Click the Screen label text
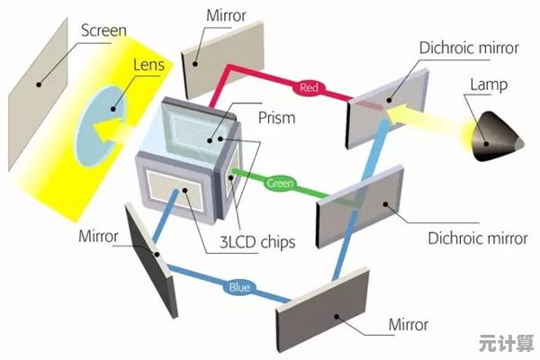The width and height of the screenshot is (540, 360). pyautogui.click(x=103, y=31)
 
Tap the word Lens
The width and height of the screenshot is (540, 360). pyautogui.click(x=148, y=65)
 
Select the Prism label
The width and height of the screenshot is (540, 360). pyautogui.click(x=276, y=118)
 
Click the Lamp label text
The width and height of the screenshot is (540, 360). pyautogui.click(x=489, y=85)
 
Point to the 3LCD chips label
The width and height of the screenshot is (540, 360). pyautogui.click(x=257, y=242)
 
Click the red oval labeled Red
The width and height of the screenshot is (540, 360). pyautogui.click(x=309, y=88)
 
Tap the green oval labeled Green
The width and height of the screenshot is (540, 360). pyautogui.click(x=280, y=183)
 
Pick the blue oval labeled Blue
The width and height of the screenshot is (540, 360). pyautogui.click(x=239, y=287)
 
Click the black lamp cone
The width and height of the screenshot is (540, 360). pyautogui.click(x=496, y=137)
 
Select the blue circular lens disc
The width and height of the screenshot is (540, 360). pyautogui.click(x=101, y=126)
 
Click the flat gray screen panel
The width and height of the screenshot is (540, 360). pyautogui.click(x=38, y=94)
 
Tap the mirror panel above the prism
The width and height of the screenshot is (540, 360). pyautogui.click(x=223, y=59)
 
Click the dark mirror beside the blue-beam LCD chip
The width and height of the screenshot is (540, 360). pyautogui.click(x=151, y=260)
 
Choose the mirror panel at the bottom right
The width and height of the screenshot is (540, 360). pyautogui.click(x=323, y=310)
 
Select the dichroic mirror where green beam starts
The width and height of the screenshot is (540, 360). pyautogui.click(x=360, y=207)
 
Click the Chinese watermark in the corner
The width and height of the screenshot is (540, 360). pyautogui.click(x=506, y=343)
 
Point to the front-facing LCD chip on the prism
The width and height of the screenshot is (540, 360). pyautogui.click(x=175, y=190)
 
